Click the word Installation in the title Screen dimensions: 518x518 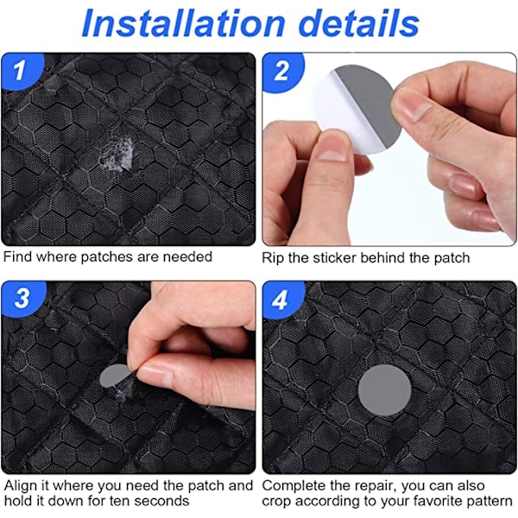point(183,24)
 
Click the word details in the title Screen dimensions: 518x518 point(359,24)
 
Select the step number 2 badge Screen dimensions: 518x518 point(282,71)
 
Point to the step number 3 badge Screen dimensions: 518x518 point(22,298)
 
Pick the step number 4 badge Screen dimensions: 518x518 point(281,300)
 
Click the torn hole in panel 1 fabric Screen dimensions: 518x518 point(117,155)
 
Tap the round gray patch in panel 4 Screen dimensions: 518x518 point(384,390)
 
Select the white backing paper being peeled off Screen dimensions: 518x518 point(344,116)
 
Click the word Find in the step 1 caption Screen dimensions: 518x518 point(18,256)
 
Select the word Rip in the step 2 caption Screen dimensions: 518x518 point(273,258)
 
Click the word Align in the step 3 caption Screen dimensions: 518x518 point(21,486)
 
